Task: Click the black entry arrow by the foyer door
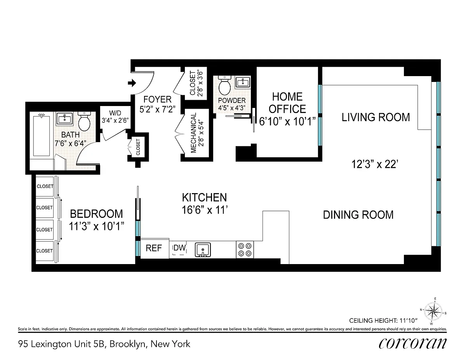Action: [x=132, y=83]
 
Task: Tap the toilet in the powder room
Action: [x=224, y=85]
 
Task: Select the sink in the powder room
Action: [x=243, y=82]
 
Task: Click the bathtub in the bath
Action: [x=42, y=136]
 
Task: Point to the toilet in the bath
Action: [x=84, y=121]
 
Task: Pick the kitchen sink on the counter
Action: [x=203, y=250]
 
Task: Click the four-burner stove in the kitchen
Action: [x=245, y=250]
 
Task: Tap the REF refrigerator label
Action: [x=153, y=248]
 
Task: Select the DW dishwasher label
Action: [x=179, y=248]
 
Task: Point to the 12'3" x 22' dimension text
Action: [x=375, y=164]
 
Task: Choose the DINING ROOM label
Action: [x=358, y=215]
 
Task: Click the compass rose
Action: [x=433, y=311]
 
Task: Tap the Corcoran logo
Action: [x=412, y=344]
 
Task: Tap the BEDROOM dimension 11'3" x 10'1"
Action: [x=97, y=226]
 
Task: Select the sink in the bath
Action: [x=64, y=118]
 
